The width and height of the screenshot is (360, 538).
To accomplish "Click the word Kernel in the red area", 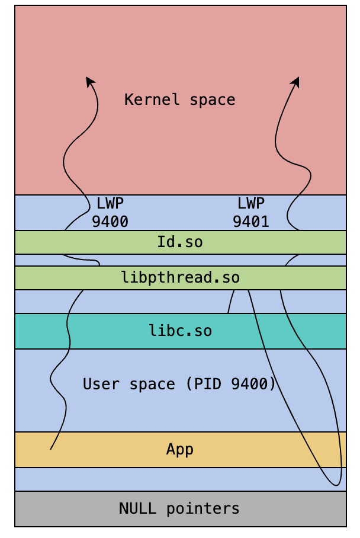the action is (x=152, y=100).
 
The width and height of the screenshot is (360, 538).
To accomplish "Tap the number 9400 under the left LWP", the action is (x=110, y=222).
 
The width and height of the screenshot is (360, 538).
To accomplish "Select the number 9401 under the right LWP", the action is (x=251, y=222).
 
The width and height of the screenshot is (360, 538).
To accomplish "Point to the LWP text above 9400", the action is (x=110, y=203).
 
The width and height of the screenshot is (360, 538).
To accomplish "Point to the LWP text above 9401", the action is (x=251, y=203).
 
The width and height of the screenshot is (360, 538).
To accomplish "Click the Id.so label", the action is (x=180, y=242).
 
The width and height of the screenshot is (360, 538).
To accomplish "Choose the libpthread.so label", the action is (x=181, y=278).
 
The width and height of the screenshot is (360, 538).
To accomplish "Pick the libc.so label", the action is (x=181, y=331).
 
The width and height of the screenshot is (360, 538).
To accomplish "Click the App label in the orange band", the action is (x=180, y=450).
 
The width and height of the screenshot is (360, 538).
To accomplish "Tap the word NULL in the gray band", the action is (x=137, y=508).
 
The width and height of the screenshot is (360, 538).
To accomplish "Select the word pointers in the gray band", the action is (x=203, y=509).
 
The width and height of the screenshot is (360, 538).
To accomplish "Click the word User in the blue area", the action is (x=101, y=384).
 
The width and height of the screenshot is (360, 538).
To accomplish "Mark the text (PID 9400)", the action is (x=231, y=384).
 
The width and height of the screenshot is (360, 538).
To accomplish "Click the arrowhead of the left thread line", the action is (x=90, y=81).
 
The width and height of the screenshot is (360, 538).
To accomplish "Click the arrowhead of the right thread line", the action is (x=295, y=82).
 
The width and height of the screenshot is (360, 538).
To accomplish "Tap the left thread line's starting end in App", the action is (x=50, y=449).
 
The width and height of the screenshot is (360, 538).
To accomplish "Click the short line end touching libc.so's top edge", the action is (x=228, y=313).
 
